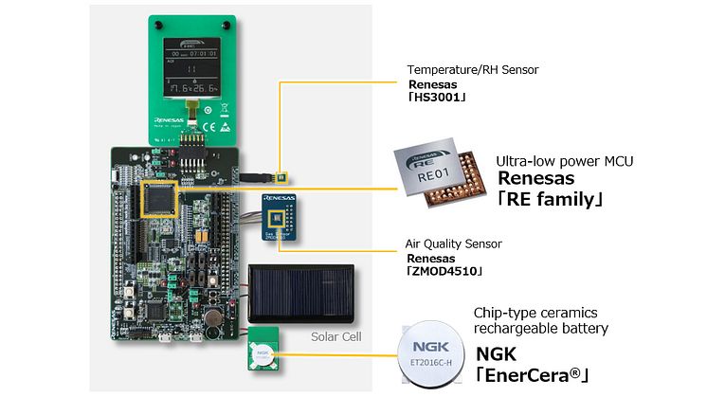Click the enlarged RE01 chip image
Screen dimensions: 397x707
click(438, 179)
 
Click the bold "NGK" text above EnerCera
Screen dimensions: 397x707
click(495, 354)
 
